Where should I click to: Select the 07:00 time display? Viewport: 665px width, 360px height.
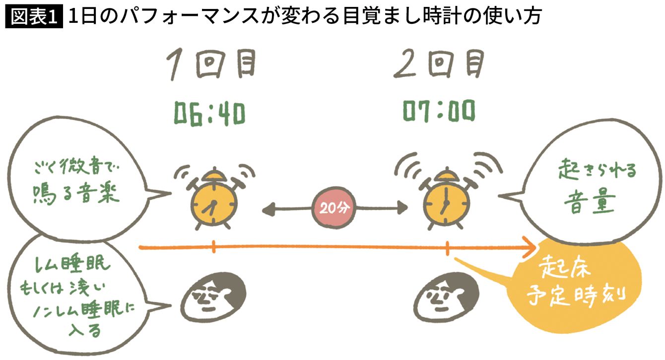pos(438,113)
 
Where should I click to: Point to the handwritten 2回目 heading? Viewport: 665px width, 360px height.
pos(440,65)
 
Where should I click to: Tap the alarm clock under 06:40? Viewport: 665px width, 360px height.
pos(213,201)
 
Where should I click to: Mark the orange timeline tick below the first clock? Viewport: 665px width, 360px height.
pos(213,247)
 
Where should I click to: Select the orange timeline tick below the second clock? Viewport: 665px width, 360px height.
pos(448,247)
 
